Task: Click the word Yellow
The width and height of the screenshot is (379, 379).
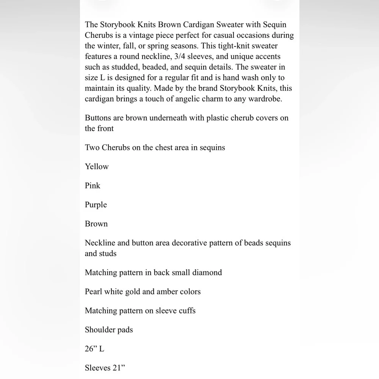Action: (97, 167)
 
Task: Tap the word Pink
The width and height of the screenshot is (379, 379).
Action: (92, 186)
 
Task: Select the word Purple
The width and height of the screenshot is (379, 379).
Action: (96, 205)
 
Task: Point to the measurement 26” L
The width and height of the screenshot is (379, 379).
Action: (94, 349)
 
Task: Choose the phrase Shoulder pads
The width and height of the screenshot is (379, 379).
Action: (109, 330)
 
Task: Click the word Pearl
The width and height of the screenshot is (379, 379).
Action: (94, 292)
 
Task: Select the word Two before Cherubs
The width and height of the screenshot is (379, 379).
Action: (92, 147)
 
